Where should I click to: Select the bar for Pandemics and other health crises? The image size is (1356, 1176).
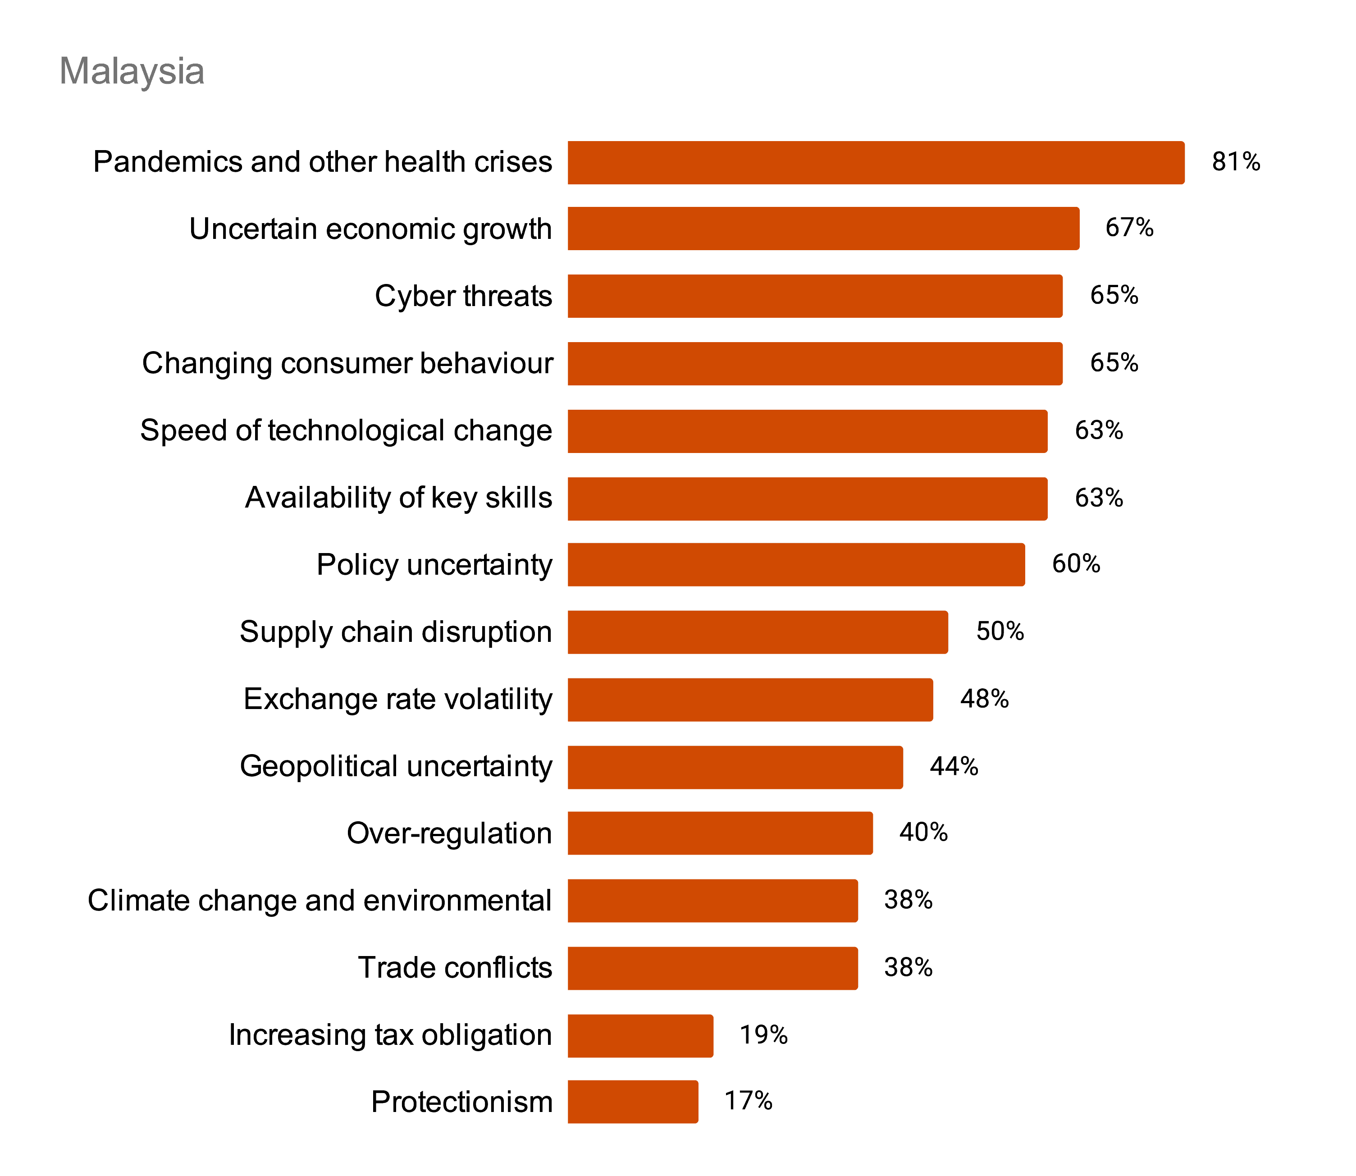point(875,162)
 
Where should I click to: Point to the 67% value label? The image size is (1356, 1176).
point(1128,228)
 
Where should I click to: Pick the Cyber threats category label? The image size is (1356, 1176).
point(463,296)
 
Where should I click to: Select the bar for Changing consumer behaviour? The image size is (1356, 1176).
point(814,364)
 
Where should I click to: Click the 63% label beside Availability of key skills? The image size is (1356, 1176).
point(1098,498)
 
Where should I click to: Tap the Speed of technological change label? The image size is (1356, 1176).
point(346,430)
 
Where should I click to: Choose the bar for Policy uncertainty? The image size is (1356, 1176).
point(796,564)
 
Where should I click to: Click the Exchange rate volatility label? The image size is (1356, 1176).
point(397,699)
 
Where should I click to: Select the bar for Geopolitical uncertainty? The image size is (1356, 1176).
point(735,767)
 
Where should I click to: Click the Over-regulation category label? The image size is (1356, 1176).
point(449,833)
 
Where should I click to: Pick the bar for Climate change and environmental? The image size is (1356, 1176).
point(712,901)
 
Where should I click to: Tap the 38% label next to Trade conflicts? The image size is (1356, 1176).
point(908,967)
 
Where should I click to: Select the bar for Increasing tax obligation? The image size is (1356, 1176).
point(640,1035)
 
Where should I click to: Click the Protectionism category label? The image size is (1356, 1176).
point(461,1102)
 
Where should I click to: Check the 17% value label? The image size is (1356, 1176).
point(748,1101)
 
